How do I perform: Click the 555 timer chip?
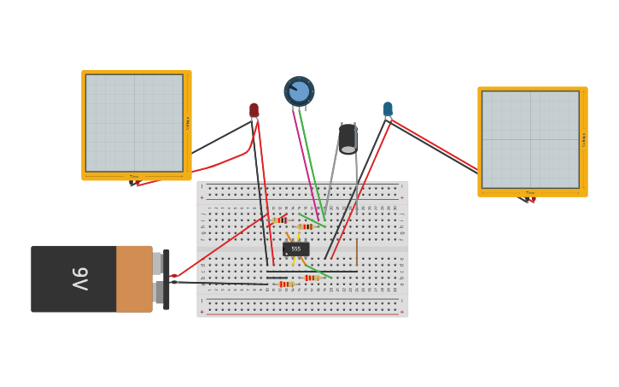click(296, 249)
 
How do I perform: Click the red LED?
click(254, 110)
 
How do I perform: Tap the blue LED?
click(388, 108)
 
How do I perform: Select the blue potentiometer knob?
click(299, 91)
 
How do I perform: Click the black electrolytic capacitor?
click(347, 138)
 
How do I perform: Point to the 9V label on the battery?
click(79, 279)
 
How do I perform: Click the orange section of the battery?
click(134, 279)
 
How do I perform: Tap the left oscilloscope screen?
click(134, 122)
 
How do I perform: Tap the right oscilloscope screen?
click(530, 139)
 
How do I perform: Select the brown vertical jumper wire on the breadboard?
click(357, 252)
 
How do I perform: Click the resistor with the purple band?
click(278, 220)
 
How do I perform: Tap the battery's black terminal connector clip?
click(166, 279)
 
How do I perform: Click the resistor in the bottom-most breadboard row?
click(286, 284)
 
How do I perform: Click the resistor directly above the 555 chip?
click(305, 226)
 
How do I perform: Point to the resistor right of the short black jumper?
click(312, 278)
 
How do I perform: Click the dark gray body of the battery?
click(73, 279)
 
